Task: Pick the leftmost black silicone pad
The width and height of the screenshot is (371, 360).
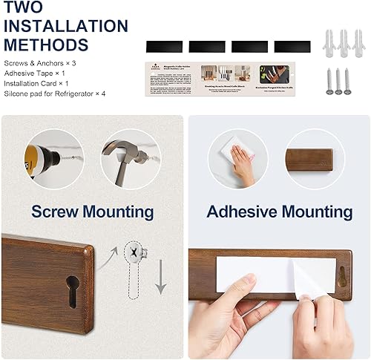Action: tap(163, 46)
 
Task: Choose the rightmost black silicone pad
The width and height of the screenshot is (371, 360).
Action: tap(291, 46)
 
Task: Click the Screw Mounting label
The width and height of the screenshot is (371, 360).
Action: tap(93, 212)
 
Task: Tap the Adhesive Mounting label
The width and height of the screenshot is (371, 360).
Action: tap(279, 212)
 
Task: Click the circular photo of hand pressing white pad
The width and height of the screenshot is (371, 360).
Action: tap(238, 159)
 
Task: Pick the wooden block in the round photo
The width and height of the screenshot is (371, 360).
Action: tap(316, 158)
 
